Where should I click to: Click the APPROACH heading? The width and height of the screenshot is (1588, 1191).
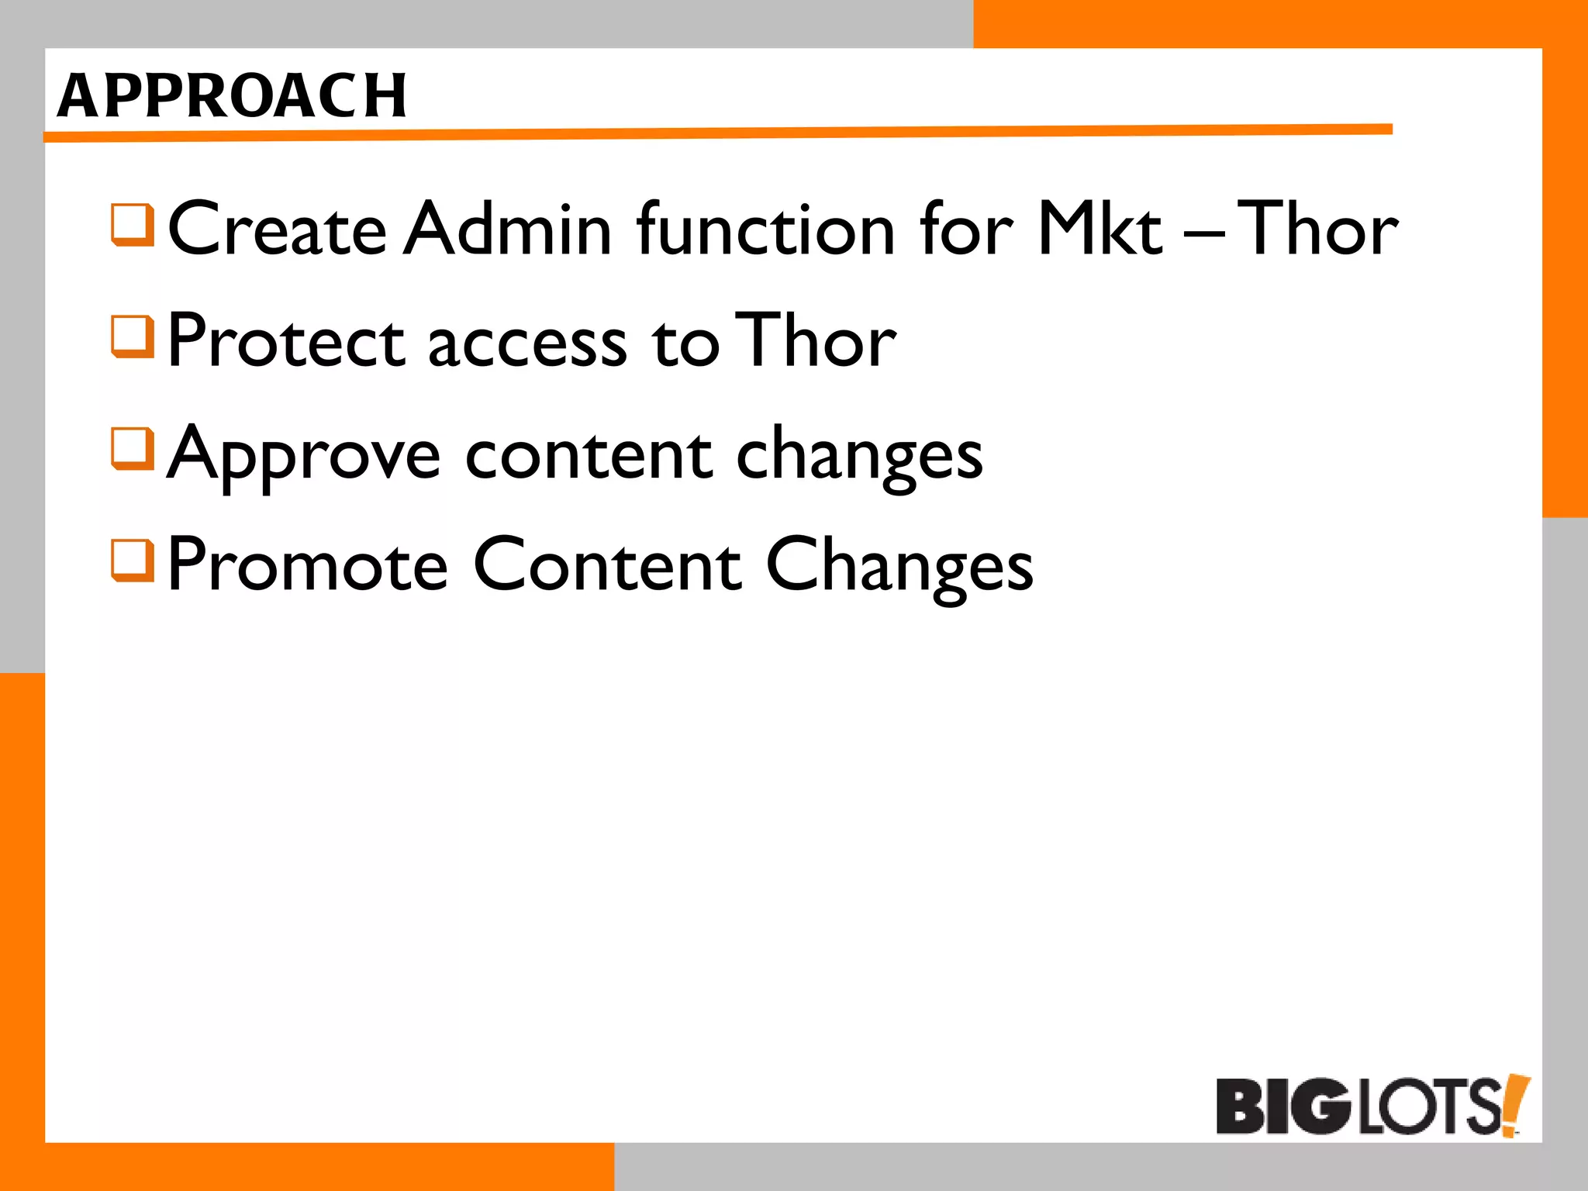(232, 96)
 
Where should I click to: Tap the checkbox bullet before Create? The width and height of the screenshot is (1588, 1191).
(133, 224)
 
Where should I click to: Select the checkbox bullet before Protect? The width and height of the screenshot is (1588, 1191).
(133, 336)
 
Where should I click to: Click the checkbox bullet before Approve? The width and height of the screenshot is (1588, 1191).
(133, 448)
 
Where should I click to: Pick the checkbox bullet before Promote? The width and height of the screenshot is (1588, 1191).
(133, 560)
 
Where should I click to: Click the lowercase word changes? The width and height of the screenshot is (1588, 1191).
(858, 456)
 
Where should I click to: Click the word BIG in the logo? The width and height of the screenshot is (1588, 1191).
(1283, 1106)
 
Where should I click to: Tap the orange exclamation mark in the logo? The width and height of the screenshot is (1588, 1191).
(1515, 1105)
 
